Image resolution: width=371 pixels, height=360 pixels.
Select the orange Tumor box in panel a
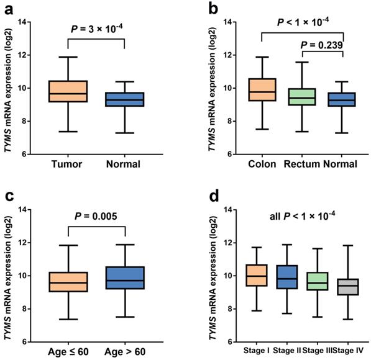(68, 91)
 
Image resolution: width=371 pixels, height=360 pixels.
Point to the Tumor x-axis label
(68, 164)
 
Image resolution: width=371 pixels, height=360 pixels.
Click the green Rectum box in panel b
(303, 97)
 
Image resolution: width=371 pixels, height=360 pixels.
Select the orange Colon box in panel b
(262, 90)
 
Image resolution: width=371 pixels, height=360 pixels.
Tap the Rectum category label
(302, 164)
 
